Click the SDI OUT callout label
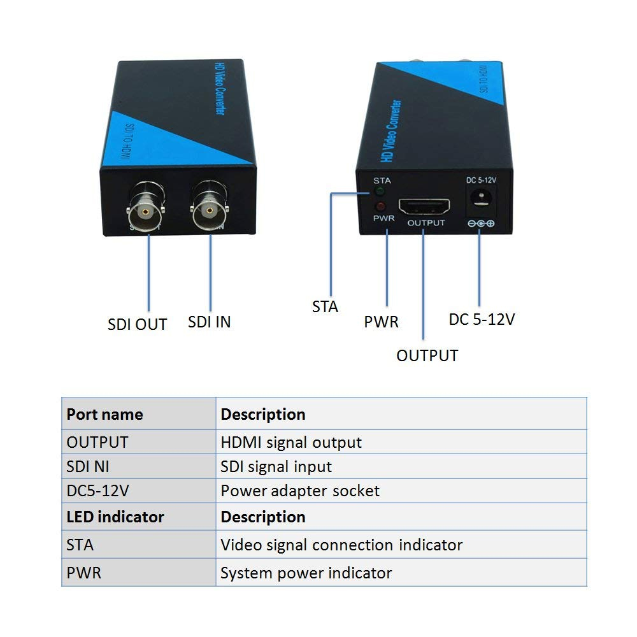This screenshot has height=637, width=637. pos(137,324)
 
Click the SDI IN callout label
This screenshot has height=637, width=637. pos(209,322)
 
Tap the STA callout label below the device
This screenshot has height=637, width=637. pos(325,307)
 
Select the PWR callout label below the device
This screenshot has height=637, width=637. pos(381,322)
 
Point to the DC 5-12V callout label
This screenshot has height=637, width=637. pos(481,319)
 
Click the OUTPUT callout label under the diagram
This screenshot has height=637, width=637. pos(427,355)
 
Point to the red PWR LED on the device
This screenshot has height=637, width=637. pos(381,206)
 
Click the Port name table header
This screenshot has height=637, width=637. pos(104,414)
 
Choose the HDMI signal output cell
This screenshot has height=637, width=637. pos(291,442)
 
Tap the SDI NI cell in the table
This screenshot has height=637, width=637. pos(88,466)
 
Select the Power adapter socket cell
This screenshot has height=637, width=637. pos(300,491)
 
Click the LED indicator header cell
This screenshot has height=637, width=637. pos(115,517)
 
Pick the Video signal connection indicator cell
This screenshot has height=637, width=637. pos(341,545)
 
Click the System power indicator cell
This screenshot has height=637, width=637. pos(306,573)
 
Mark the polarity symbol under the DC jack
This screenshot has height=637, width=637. pos(481,224)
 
